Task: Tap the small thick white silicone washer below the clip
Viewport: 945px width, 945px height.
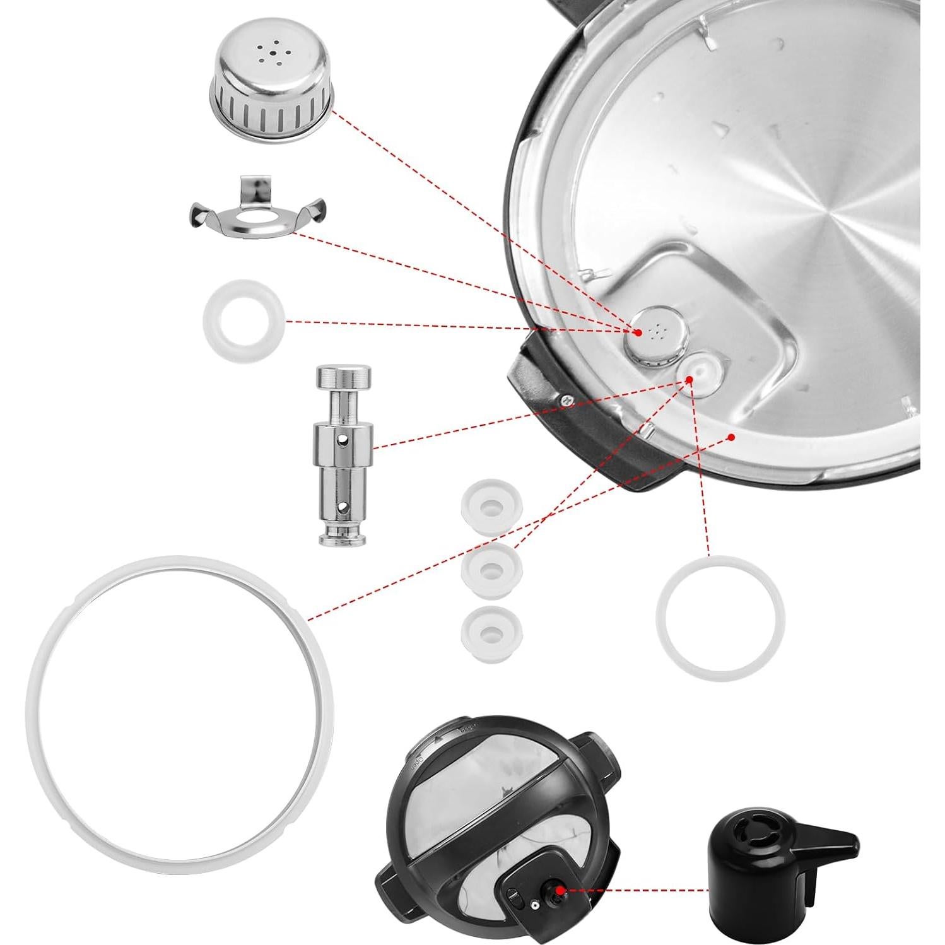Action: pos(244,321)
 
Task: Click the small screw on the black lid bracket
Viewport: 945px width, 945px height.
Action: pos(567,398)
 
